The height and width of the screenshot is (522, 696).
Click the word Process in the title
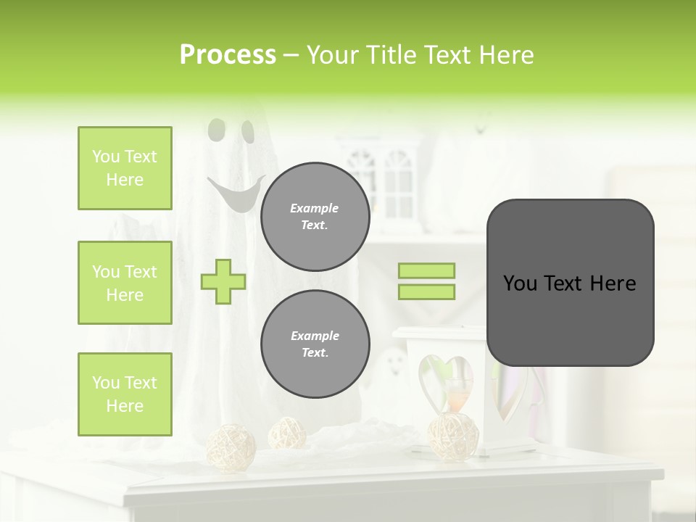[x=228, y=55]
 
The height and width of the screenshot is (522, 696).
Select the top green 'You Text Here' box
[x=125, y=168]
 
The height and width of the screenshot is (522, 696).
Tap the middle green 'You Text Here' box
[x=125, y=283]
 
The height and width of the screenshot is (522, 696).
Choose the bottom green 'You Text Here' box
[x=125, y=394]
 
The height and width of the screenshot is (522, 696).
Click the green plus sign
[x=223, y=282]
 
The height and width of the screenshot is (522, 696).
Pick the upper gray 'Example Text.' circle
[x=315, y=217]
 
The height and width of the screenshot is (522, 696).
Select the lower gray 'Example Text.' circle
[x=315, y=344]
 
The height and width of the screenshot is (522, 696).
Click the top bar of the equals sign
[x=427, y=271]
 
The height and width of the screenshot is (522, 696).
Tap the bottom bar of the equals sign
[x=427, y=292]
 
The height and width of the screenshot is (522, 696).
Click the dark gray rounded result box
[x=570, y=283]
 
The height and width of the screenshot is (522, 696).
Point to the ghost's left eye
[x=216, y=130]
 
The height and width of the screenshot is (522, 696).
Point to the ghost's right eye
[x=248, y=131]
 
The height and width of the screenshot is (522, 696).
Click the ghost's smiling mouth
[x=234, y=196]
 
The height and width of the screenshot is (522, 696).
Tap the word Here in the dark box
[x=613, y=283]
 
